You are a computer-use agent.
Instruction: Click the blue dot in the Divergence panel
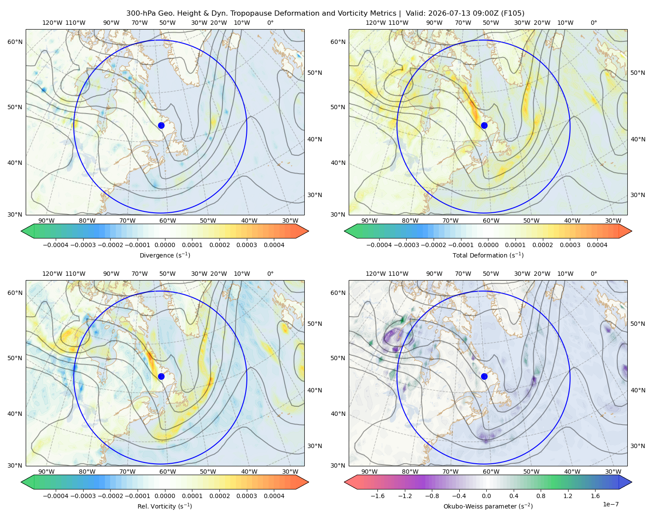pyautogui.click(x=161, y=125)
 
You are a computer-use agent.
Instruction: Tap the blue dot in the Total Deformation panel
pyautogui.click(x=484, y=125)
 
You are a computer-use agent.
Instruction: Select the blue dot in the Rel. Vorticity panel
pyautogui.click(x=161, y=376)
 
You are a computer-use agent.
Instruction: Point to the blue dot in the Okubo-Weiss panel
pyautogui.click(x=484, y=376)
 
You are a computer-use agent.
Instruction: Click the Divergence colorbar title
pyautogui.click(x=165, y=255)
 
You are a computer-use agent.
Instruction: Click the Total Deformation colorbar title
pyautogui.click(x=488, y=255)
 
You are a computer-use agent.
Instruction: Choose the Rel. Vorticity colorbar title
pyautogui.click(x=165, y=506)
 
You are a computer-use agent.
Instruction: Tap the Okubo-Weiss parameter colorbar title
pyautogui.click(x=488, y=506)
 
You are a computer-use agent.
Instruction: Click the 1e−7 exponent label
pyautogui.click(x=610, y=504)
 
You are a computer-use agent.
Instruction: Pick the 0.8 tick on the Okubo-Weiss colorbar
pyautogui.click(x=541, y=496)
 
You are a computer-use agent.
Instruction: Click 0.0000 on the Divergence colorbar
pyautogui.click(x=165, y=245)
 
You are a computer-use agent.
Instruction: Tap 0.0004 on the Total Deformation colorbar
pyautogui.click(x=597, y=245)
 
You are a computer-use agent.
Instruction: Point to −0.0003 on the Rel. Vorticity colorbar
pyautogui.click(x=83, y=496)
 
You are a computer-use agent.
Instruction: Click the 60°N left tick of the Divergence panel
pyautogui.click(x=15, y=42)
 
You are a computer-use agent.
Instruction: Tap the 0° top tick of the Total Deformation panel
pyautogui.click(x=593, y=23)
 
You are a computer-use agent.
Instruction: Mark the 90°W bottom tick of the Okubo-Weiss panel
pyautogui.click(x=369, y=472)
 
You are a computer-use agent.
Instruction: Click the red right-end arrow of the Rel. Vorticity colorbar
pyautogui.click(x=302, y=482)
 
